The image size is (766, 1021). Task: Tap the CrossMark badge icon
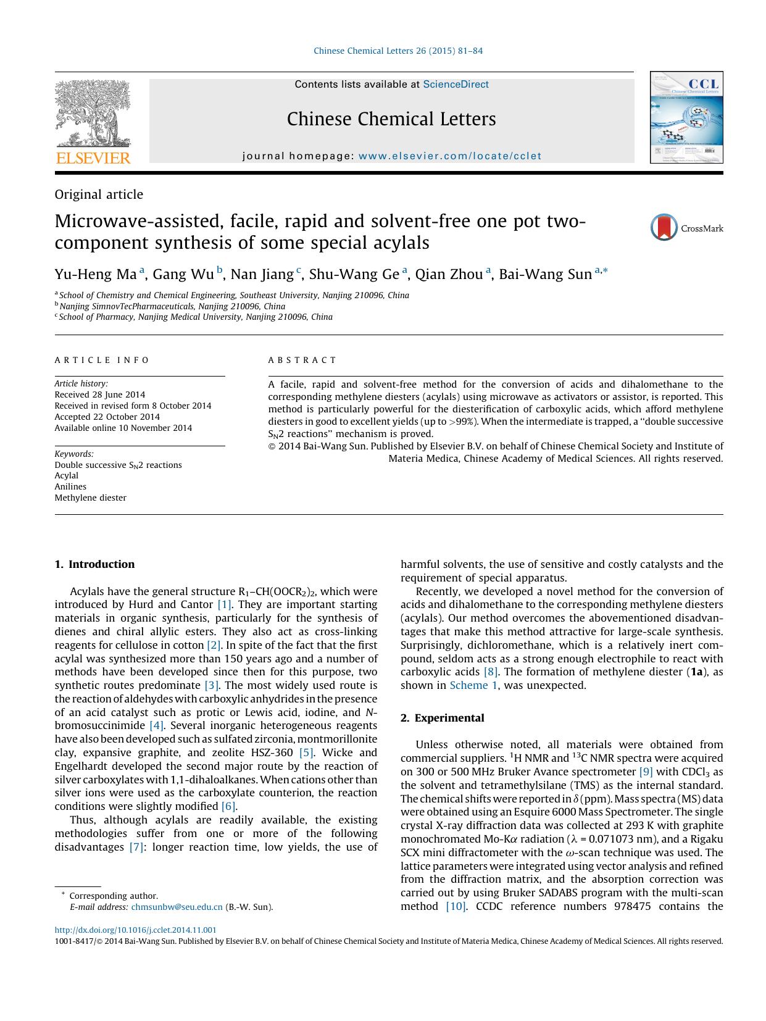(x=664, y=228)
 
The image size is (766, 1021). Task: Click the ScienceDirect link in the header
(x=456, y=85)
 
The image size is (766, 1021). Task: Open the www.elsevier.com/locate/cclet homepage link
(x=449, y=156)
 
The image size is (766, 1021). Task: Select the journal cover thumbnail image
(x=686, y=117)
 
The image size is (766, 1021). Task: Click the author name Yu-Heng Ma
(x=95, y=274)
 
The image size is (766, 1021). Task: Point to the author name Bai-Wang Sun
(x=545, y=274)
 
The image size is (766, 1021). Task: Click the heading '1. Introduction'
(x=94, y=564)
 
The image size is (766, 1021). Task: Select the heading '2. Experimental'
(x=442, y=718)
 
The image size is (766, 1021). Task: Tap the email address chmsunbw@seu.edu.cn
(x=177, y=907)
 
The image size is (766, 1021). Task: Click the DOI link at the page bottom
(x=135, y=930)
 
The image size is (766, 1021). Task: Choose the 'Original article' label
(x=99, y=194)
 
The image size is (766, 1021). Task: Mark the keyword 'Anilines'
(x=70, y=486)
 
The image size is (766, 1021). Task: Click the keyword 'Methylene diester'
(x=90, y=498)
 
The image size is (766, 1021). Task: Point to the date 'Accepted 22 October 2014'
(x=107, y=417)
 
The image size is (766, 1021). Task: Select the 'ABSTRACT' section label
(x=302, y=360)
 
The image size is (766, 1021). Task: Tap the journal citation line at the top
(x=398, y=51)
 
